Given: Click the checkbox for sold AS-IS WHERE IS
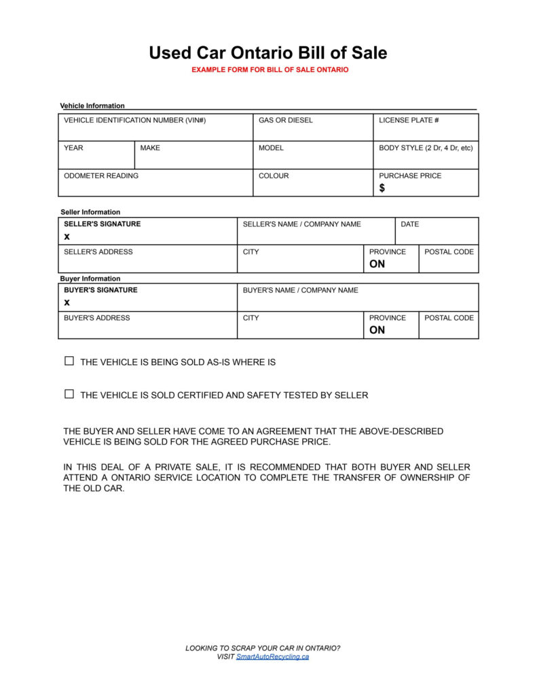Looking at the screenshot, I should (x=69, y=362).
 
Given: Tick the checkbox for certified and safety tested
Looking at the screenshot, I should (x=69, y=394).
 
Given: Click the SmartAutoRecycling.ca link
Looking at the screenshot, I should (x=272, y=657).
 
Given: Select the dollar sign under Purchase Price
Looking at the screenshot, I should (x=382, y=188).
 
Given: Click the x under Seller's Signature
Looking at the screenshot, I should (x=67, y=237).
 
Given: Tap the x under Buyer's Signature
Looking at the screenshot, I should (x=67, y=302).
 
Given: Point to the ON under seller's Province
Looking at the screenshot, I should (x=377, y=264).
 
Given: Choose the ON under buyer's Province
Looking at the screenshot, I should (x=377, y=330).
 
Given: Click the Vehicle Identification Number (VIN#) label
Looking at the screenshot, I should (x=134, y=120).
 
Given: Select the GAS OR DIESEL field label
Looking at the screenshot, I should (x=286, y=120).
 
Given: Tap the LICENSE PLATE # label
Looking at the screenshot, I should (x=409, y=120).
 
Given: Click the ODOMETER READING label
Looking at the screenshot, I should (x=101, y=175).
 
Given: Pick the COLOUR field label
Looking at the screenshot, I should (x=274, y=175).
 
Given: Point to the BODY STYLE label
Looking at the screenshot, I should (x=426, y=147).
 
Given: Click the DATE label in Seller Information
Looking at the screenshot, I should (x=410, y=224).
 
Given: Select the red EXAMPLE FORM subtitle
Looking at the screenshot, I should (x=270, y=70).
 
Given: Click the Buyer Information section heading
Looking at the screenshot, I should (x=90, y=279).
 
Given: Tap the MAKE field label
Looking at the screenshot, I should (x=150, y=147).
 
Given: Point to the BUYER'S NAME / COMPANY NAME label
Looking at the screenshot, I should (x=300, y=290).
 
